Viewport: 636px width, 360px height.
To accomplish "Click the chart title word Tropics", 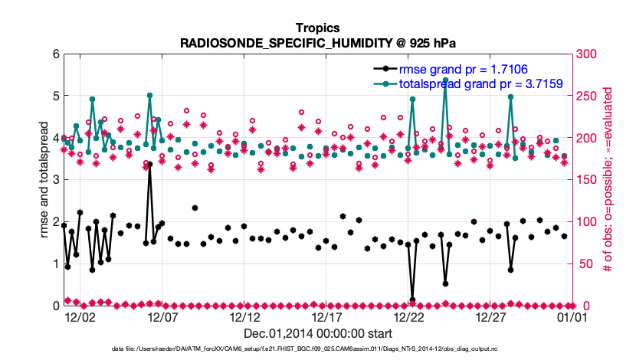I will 317,28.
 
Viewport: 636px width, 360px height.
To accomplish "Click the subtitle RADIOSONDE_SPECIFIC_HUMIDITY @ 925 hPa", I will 317,43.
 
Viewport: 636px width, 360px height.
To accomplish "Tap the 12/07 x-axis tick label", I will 162,316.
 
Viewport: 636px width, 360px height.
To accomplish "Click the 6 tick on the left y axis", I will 55,54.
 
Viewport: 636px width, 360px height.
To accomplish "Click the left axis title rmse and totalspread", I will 45,180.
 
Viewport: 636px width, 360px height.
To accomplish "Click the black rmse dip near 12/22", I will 412,299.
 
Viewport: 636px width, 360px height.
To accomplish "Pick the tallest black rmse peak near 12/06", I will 149,164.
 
